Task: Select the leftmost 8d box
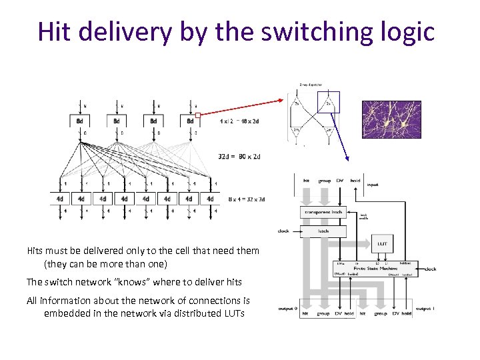point(80,121)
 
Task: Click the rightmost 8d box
point(191,121)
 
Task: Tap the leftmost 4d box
point(59,198)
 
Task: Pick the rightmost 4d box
point(210,198)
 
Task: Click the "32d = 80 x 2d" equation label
point(239,157)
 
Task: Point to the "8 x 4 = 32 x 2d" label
point(246,199)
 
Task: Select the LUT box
point(382,244)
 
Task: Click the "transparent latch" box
point(323,212)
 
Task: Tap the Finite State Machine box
point(375,268)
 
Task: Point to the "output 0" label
point(289,308)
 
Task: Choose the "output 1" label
point(425,308)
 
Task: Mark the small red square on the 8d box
point(198,114)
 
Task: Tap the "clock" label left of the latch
point(283,231)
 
